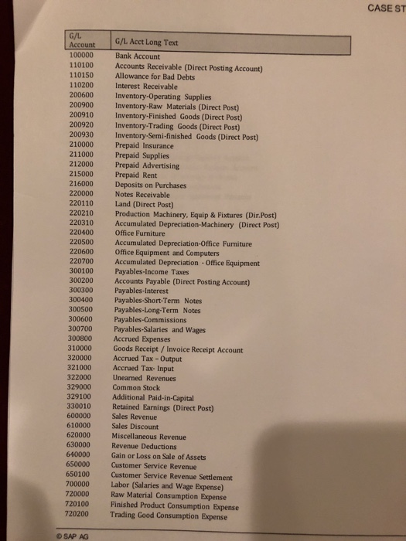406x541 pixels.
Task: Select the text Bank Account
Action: [x=138, y=57]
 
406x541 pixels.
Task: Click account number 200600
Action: [x=80, y=97]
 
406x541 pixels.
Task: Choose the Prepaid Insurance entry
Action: [x=145, y=145]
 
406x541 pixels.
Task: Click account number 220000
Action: [x=80, y=194]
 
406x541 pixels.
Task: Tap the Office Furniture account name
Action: [x=141, y=233]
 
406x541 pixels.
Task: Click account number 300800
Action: [x=80, y=339]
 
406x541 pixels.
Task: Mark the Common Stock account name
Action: [x=136, y=387]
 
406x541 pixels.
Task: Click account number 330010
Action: [x=80, y=407]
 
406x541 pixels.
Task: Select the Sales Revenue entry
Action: [x=136, y=417]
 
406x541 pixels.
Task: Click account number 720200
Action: [x=80, y=514]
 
